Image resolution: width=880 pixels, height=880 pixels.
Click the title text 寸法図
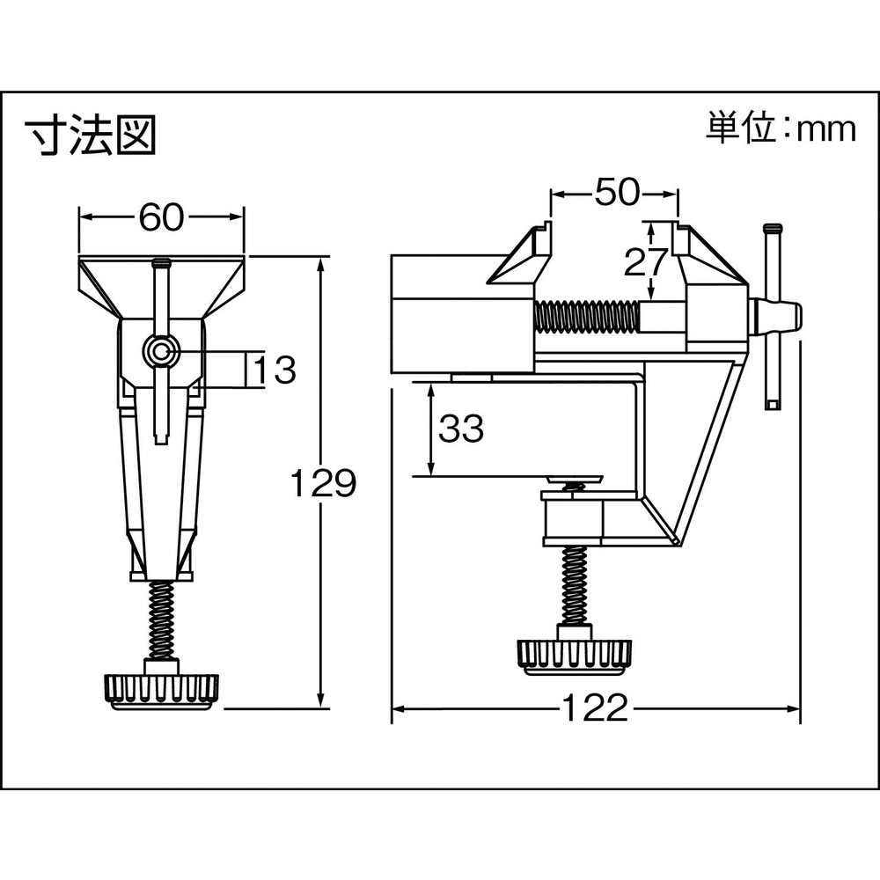pos(91,135)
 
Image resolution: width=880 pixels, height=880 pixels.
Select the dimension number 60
pos(161,216)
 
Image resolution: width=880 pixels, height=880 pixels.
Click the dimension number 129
pos(323,482)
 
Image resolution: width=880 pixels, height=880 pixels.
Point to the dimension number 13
pos(275,370)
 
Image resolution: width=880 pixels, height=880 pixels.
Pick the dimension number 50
pos(616,192)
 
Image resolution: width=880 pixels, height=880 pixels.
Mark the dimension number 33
pos(461,429)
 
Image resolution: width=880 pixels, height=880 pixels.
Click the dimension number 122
pos(594,708)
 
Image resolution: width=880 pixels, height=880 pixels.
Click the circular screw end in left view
pos(161,352)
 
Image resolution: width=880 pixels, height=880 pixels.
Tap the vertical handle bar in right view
pos(772,317)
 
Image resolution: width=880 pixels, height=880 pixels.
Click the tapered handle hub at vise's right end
pos(776,318)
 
